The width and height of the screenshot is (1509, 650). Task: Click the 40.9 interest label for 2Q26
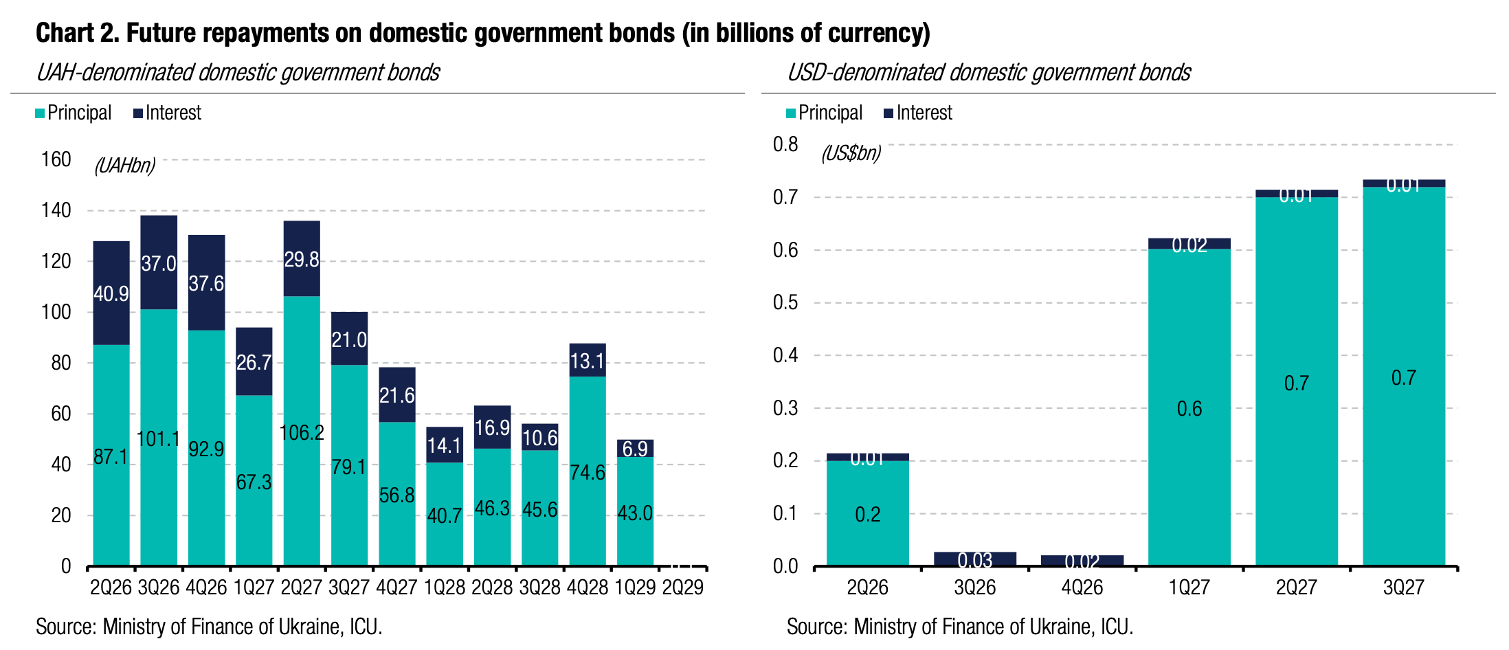(111, 294)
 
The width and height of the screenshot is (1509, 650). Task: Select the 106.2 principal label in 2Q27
(302, 433)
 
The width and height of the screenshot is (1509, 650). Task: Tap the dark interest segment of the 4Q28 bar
(588, 360)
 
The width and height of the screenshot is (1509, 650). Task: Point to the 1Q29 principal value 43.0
(635, 513)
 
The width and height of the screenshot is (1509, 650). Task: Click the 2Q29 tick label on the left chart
(682, 587)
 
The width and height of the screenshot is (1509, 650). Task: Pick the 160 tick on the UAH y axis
(56, 159)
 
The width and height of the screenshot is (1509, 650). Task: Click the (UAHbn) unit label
(125, 166)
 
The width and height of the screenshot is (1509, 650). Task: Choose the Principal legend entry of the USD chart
(824, 113)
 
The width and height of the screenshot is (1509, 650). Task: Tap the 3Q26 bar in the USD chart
(974, 559)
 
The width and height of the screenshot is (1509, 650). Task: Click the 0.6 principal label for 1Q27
(1189, 409)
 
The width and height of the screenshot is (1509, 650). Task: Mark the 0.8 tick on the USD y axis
(785, 144)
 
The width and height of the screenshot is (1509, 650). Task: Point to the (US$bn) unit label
(851, 153)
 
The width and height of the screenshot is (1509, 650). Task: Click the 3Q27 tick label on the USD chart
(1403, 587)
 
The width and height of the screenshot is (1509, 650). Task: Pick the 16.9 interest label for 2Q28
(492, 428)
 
